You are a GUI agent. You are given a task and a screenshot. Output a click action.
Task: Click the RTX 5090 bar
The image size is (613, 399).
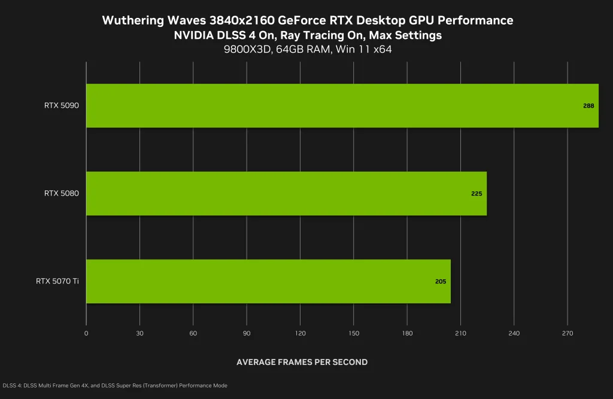coord(342,106)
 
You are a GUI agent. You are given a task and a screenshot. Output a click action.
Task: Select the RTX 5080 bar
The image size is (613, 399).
coord(286,193)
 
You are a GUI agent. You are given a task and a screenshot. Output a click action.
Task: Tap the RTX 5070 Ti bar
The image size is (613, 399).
coord(268,281)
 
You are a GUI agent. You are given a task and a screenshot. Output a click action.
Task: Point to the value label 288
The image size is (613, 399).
coord(588,106)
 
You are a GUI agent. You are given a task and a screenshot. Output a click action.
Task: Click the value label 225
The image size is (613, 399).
coord(477,194)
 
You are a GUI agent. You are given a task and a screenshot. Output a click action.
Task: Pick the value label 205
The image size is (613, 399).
coord(441,281)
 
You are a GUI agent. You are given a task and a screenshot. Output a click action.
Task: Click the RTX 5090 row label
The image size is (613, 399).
coord(62,106)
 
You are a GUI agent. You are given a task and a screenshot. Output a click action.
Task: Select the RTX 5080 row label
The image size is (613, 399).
coord(62,193)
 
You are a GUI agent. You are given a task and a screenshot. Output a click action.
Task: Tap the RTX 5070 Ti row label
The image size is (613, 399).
coord(57,281)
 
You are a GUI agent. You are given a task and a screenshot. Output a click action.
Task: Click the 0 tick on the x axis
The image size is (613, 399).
coord(86,333)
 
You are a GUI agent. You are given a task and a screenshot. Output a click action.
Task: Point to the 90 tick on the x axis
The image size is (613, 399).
coord(247,333)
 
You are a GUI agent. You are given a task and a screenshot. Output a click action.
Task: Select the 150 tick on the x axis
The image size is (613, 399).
coord(354,333)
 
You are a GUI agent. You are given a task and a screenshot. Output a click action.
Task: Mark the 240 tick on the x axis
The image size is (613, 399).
coord(514,333)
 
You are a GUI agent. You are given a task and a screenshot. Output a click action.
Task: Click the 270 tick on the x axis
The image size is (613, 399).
coord(568,333)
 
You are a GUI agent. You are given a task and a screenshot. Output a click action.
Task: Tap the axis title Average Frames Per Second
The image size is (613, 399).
coord(302,362)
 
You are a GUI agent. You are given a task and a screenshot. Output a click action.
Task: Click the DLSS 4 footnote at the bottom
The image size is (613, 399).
coord(116,386)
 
